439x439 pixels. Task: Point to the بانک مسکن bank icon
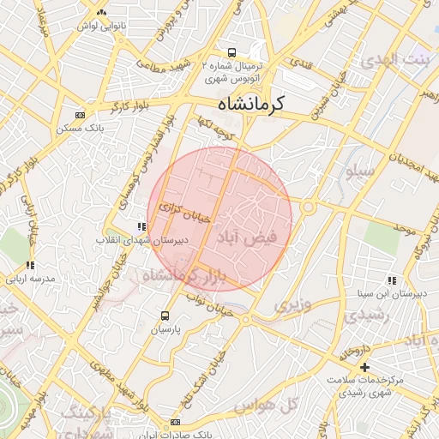coord(81,114)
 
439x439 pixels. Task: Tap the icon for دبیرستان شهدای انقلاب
coord(141,227)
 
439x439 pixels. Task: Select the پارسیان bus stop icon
coord(166,316)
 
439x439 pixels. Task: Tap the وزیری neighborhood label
coord(288,304)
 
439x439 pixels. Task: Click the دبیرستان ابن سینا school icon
coord(392,280)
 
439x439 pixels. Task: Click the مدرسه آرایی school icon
coord(31,266)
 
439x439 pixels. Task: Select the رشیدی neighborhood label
coord(370,316)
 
